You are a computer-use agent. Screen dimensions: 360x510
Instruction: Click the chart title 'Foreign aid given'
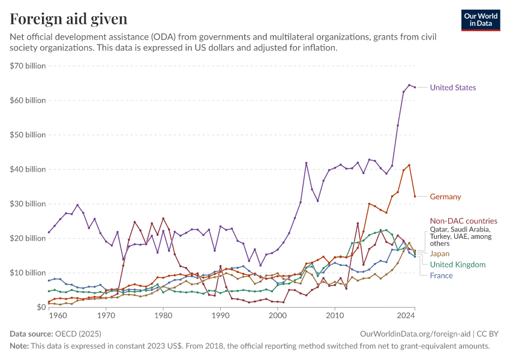coord(68,19)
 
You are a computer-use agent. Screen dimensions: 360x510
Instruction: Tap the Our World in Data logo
coord(481,20)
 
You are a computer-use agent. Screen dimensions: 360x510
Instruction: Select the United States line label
coord(453,88)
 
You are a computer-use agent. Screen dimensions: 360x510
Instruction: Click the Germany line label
coord(445,196)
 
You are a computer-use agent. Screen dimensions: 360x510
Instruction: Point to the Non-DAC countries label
coord(464,221)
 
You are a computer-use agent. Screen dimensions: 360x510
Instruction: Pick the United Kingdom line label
coord(458,265)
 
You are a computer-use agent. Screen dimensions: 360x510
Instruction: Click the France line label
coord(441,275)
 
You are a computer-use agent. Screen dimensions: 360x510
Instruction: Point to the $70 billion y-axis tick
coord(28,66)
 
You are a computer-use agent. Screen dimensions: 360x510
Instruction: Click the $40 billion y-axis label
coord(28,169)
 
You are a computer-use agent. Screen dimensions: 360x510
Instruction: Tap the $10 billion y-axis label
coord(28,272)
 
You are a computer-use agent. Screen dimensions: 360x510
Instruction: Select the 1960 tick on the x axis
coord(58,315)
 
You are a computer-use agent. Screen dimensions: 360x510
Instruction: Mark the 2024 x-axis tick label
coord(406,315)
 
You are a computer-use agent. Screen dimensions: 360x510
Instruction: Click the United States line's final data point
coord(415,87)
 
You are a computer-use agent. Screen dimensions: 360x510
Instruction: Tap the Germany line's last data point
coord(415,196)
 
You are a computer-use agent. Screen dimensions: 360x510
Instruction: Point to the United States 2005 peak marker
coord(306,163)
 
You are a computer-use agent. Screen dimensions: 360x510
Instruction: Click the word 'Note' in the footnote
coord(19,346)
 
